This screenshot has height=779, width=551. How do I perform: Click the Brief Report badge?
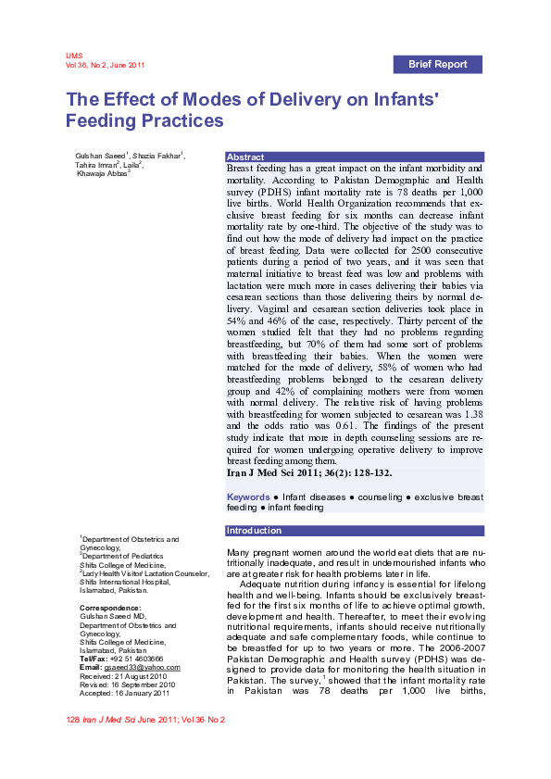click(x=438, y=64)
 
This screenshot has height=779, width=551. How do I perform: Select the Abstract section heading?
click(x=245, y=157)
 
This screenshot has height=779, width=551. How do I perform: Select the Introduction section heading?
click(x=255, y=531)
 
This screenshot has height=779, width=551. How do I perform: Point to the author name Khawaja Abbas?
click(x=102, y=173)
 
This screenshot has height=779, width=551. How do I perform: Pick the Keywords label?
click(x=249, y=497)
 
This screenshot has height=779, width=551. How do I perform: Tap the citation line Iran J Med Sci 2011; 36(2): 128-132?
click(x=309, y=473)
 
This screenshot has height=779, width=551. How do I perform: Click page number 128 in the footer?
click(x=73, y=720)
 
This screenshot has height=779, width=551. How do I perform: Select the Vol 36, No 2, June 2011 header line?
click(x=105, y=65)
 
